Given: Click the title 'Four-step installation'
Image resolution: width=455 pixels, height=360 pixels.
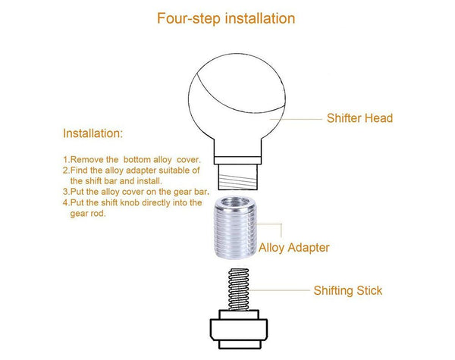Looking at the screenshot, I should [226, 17].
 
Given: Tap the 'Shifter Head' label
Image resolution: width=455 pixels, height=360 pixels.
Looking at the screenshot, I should [359, 118].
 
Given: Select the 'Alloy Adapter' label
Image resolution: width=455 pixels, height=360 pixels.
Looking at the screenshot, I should [294, 247].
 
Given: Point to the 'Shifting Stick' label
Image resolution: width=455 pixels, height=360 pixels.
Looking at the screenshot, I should [348, 290].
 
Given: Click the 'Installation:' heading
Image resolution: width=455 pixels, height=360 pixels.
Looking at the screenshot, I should [93, 134].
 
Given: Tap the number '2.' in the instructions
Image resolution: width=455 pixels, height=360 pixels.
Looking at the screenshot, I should [66, 171].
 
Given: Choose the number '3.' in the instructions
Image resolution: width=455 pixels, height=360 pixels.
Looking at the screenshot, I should [66, 192].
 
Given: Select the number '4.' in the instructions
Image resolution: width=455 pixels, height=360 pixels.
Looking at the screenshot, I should [66, 202].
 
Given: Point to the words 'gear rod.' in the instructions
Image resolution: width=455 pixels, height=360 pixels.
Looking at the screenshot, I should [88, 214].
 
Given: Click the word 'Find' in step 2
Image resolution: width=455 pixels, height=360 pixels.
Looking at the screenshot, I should [80, 171].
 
